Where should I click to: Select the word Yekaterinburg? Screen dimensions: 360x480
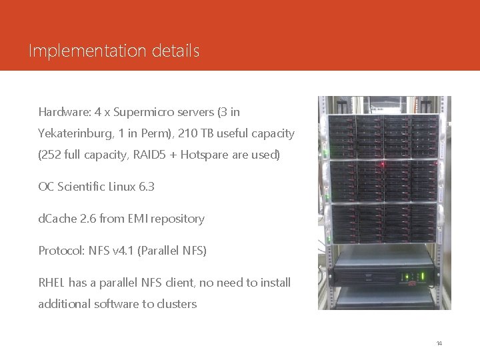click(x=75, y=133)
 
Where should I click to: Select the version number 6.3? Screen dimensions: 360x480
click(x=146, y=187)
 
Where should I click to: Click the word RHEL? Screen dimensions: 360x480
click(x=52, y=283)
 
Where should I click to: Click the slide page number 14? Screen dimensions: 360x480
click(x=439, y=343)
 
